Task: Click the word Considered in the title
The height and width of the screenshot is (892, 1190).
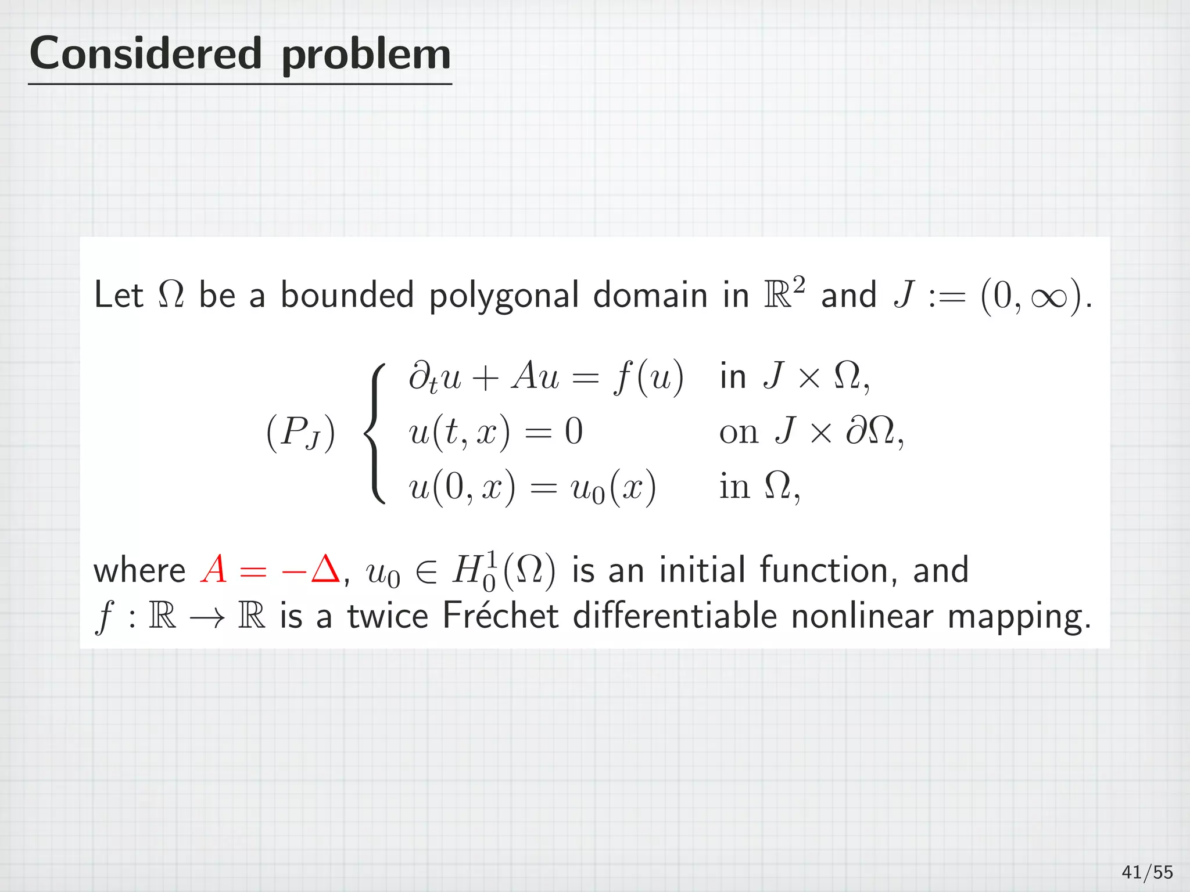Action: pos(145,53)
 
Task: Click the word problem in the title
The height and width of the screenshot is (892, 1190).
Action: pos(366,56)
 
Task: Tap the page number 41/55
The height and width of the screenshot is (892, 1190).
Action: pos(1147,872)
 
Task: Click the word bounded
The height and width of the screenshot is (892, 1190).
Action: pos(347,294)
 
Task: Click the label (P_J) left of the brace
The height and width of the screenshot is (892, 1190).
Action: pos(300,433)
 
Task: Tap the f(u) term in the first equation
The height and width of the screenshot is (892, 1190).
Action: pos(648,377)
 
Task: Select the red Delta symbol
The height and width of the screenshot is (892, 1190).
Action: pos(325,570)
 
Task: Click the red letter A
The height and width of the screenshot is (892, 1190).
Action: pos(213,570)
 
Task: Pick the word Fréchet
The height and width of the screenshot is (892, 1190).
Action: pos(500,616)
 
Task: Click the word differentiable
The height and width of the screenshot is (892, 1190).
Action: pos(675,616)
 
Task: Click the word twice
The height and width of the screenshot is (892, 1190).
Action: pos(388,616)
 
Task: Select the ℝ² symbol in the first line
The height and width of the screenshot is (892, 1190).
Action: pos(784,293)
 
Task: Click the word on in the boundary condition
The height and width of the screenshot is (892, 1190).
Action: pos(739,433)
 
